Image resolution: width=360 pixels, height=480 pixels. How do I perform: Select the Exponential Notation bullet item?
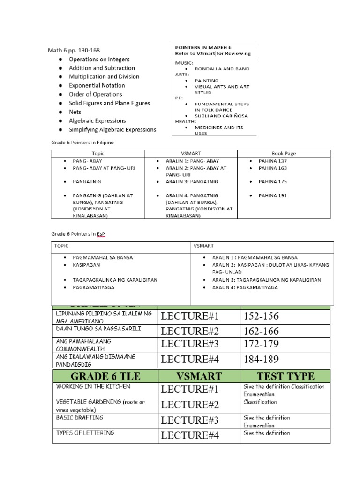[x=97, y=85]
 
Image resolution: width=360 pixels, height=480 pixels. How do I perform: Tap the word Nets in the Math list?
[x=75, y=112]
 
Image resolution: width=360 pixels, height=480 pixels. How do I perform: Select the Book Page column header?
[x=284, y=153]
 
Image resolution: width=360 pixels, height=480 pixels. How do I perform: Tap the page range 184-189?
[x=261, y=359]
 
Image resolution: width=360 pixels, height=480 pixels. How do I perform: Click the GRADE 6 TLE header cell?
[x=105, y=375]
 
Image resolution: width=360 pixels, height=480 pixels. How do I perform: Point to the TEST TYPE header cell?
[x=285, y=375]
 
